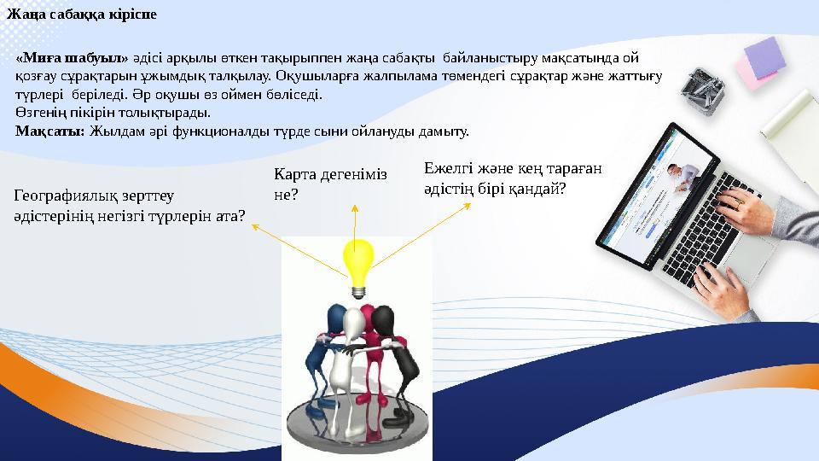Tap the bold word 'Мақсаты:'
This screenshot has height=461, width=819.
click(49, 132)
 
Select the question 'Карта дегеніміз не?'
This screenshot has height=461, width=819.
click(328, 184)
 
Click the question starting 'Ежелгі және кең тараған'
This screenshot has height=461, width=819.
click(512, 178)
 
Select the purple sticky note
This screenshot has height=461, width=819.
click(763, 55)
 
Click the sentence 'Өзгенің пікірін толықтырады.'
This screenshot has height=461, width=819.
click(112, 112)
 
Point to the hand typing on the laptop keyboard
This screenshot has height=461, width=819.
click(751, 205)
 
